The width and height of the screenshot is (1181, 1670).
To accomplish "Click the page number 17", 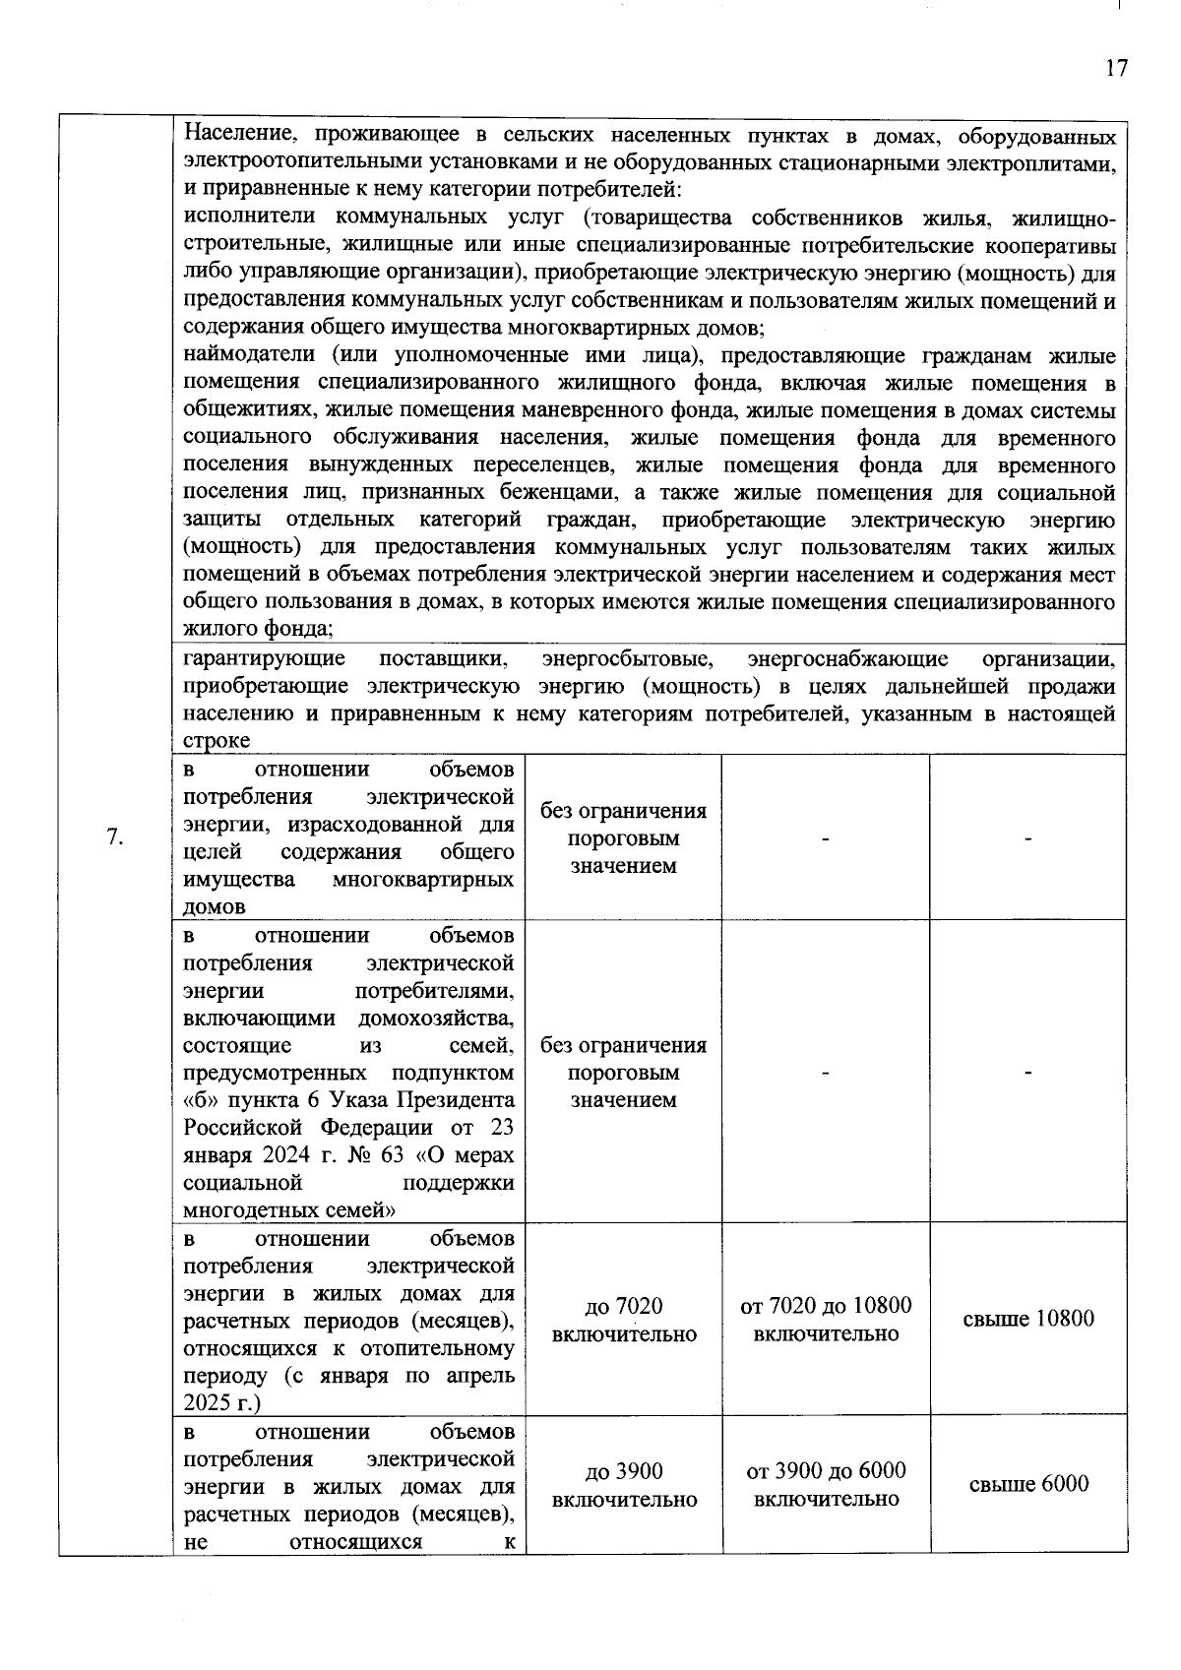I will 1115,68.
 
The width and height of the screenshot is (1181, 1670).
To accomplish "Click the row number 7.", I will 114,837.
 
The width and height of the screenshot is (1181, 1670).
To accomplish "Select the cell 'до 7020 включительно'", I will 624,1320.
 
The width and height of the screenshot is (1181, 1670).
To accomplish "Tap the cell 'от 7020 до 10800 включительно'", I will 826,1320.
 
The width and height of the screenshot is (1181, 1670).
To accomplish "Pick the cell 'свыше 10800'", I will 1027,1319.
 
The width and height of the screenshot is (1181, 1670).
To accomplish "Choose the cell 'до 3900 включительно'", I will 624,1485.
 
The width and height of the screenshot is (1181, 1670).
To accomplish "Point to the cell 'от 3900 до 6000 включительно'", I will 826,1485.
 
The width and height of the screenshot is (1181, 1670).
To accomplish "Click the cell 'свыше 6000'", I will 1028,1484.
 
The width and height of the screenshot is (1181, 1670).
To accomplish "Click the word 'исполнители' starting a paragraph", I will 241,217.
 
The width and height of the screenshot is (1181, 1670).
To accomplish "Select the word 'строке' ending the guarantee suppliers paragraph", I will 217,741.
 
